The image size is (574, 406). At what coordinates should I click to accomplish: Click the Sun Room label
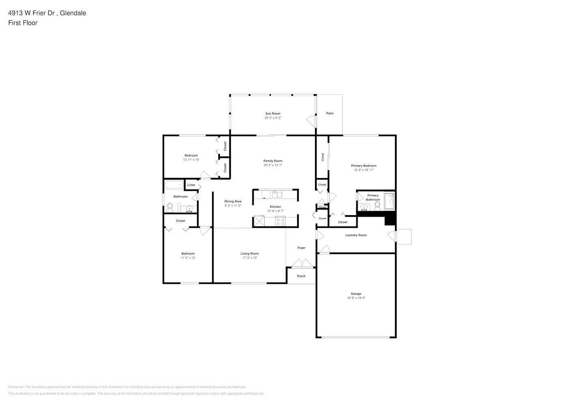coord(273,114)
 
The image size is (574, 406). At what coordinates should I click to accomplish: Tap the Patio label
coord(330,113)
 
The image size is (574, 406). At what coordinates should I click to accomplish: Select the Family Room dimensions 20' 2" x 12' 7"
coord(273,165)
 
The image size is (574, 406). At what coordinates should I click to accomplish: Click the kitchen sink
coord(277,194)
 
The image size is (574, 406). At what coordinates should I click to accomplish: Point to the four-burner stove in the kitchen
coord(280,221)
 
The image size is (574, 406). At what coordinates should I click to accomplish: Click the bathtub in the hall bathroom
coord(174,185)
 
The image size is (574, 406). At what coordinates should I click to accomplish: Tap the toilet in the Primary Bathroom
coord(377,206)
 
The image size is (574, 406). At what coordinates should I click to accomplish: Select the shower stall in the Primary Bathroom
coord(389,201)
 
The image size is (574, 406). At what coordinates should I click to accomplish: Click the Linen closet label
coord(191,185)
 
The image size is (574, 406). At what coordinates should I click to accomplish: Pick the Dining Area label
coord(233,201)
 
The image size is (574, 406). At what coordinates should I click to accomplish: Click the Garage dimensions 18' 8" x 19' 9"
coord(356,298)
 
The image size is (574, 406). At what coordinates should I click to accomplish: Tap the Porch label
coord(301,276)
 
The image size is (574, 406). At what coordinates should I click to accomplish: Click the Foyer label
coord(301,248)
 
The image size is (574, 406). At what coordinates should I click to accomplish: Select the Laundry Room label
coord(356,235)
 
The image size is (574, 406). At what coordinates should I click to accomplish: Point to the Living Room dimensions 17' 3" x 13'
coord(250,258)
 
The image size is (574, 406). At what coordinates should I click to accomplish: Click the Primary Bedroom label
coord(364,166)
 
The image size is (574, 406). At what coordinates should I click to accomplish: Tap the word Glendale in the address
coord(73,13)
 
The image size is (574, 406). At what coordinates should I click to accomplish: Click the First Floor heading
coord(23,23)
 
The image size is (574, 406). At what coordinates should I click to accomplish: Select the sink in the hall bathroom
coord(189,209)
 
